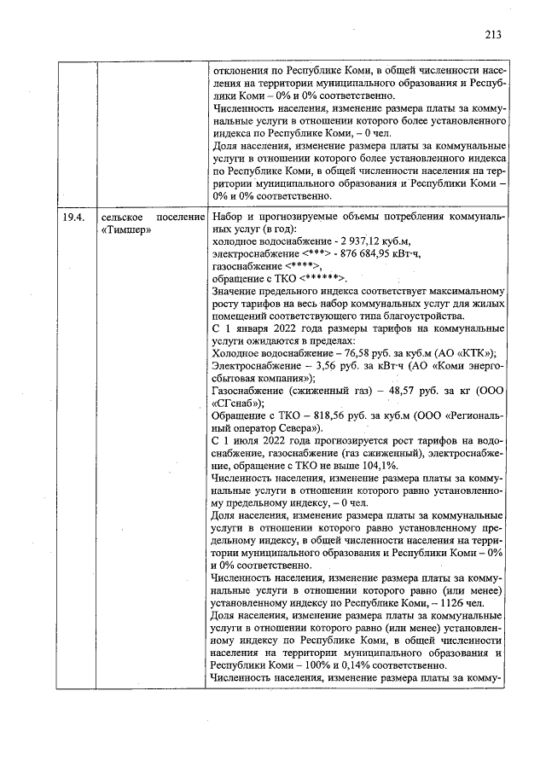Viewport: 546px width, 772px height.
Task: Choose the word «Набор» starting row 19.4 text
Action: coord(228,217)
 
